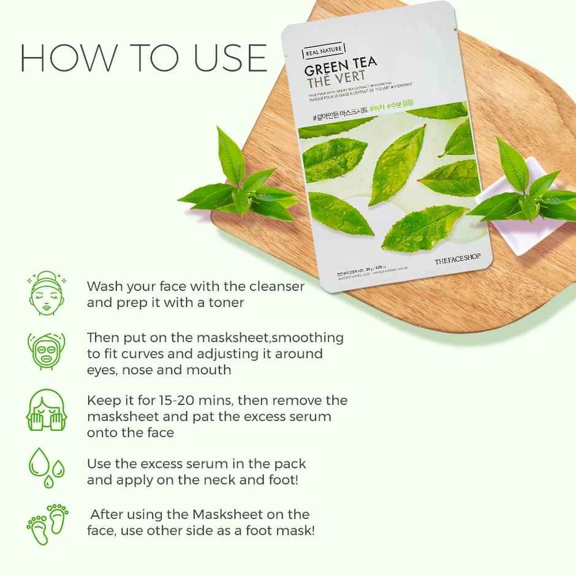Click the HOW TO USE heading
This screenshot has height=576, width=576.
pyautogui.click(x=143, y=59)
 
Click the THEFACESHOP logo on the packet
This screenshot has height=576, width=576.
pyautogui.click(x=458, y=261)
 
